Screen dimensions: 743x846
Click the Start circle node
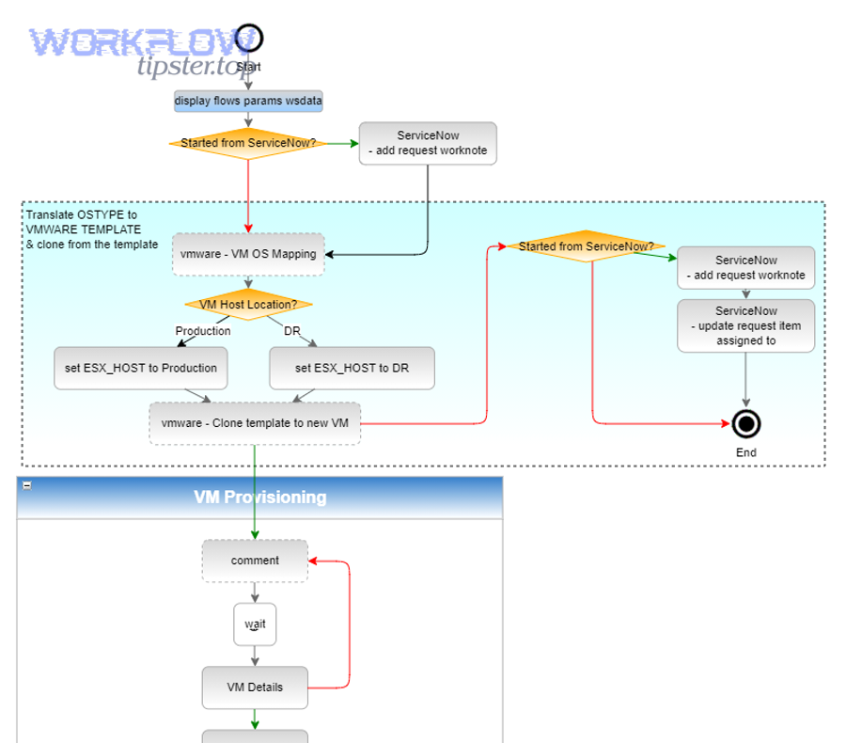[249, 39]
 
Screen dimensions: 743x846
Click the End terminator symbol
[746, 425]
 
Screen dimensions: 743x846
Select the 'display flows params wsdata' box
[248, 101]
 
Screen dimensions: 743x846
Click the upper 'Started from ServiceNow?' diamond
[248, 144]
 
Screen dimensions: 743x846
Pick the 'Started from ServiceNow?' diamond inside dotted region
[586, 246]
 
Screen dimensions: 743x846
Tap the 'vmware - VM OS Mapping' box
[248, 254]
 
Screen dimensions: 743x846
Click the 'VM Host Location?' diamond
[248, 305]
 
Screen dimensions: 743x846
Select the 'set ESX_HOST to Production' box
[141, 368]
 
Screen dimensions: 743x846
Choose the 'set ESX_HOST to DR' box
[352, 368]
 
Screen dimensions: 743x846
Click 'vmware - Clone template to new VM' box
[255, 423]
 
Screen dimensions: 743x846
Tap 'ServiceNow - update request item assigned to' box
[745, 325]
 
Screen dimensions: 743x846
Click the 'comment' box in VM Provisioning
[255, 561]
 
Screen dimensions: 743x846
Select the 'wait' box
[255, 624]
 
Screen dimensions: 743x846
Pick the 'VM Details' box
[255, 688]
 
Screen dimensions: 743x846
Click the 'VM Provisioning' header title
[260, 497]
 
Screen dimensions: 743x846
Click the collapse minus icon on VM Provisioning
[27, 485]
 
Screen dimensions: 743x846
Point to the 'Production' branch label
[202, 331]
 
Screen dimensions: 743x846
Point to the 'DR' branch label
[291, 331]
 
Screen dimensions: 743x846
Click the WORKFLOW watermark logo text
[132, 42]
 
